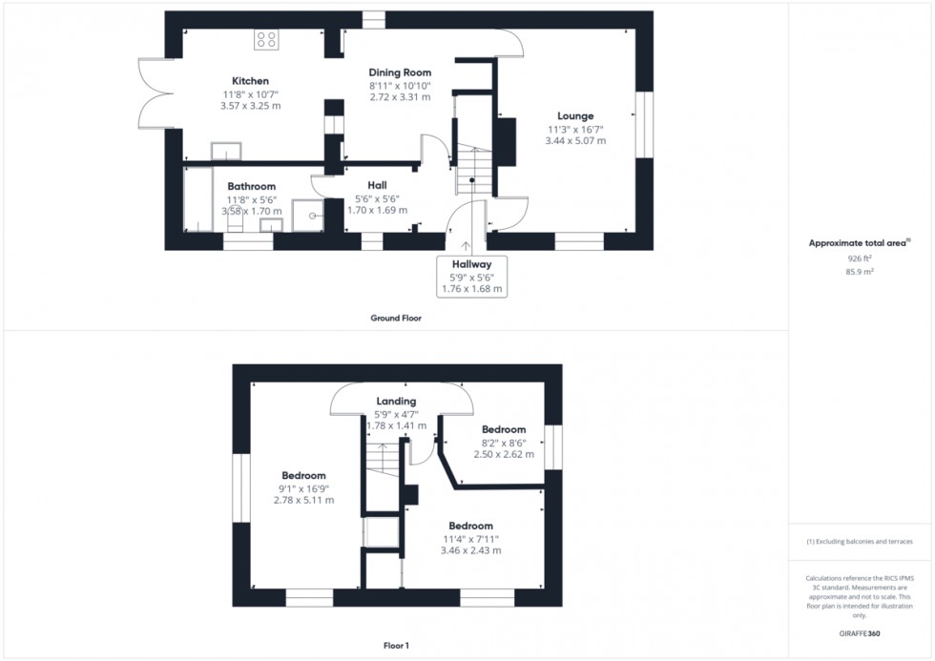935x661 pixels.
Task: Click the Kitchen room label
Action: click(250, 81)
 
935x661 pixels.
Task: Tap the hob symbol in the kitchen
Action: click(266, 40)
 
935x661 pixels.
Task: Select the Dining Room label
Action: click(400, 72)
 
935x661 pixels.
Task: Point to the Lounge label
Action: click(575, 116)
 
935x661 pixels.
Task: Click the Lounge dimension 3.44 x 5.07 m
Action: click(575, 140)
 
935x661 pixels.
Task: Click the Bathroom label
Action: click(252, 187)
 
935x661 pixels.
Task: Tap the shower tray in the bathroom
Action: click(307, 216)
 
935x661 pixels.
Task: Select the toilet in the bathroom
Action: click(236, 219)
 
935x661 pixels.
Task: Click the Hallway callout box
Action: click(471, 277)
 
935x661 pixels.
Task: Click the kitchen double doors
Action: click(156, 93)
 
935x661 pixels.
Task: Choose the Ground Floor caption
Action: click(396, 319)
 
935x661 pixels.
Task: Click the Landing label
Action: click(396, 402)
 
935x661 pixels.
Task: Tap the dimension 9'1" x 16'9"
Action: click(303, 488)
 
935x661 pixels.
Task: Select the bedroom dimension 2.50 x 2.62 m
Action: click(504, 454)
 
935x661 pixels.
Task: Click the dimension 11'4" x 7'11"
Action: click(470, 540)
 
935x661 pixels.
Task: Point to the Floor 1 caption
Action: click(396, 646)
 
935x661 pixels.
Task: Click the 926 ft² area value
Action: click(860, 258)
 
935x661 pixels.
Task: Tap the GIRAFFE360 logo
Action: click(860, 633)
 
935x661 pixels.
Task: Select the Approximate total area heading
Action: click(860, 242)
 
